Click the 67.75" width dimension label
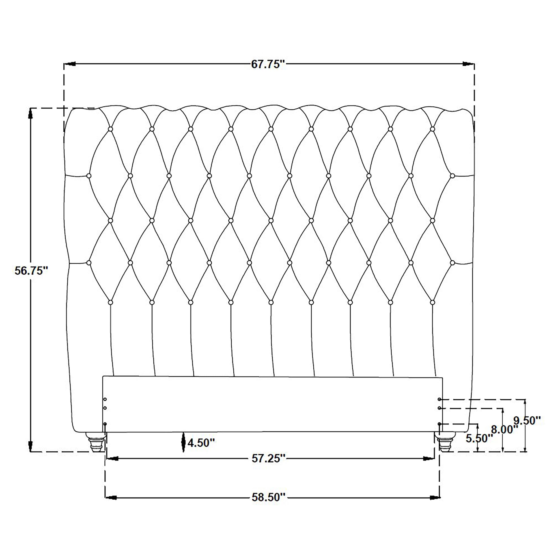coord(268,64)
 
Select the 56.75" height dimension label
coord(31,271)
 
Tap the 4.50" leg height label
coord(201,443)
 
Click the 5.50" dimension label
coord(479,439)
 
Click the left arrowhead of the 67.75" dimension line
coord(70,64)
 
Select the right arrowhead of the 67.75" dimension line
coord(467,64)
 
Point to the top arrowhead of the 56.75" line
coord(30,115)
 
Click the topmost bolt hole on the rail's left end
coord(105,399)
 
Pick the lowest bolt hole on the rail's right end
coord(439,424)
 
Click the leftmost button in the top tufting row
coord(110,129)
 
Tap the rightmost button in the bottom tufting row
coord(433,302)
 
